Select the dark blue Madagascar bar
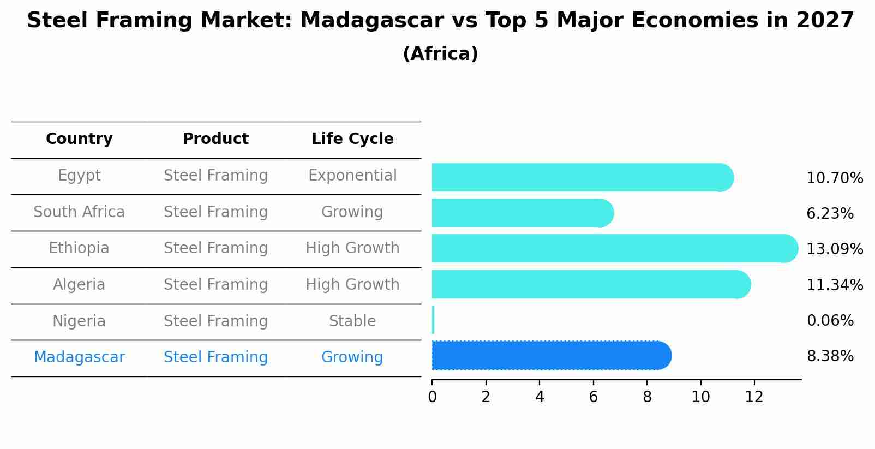click(551, 356)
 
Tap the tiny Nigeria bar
click(433, 320)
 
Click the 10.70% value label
click(834, 178)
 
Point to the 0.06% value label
click(830, 320)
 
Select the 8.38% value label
click(830, 356)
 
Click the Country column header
click(79, 139)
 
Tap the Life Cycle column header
click(352, 139)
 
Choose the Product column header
click(215, 139)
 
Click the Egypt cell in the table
click(79, 176)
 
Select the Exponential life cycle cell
click(352, 176)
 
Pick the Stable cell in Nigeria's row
click(352, 321)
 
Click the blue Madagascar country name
click(79, 357)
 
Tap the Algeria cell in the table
click(79, 285)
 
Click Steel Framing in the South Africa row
click(215, 212)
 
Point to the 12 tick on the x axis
click(754, 397)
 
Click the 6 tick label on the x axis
click(593, 397)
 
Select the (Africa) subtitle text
click(440, 54)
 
